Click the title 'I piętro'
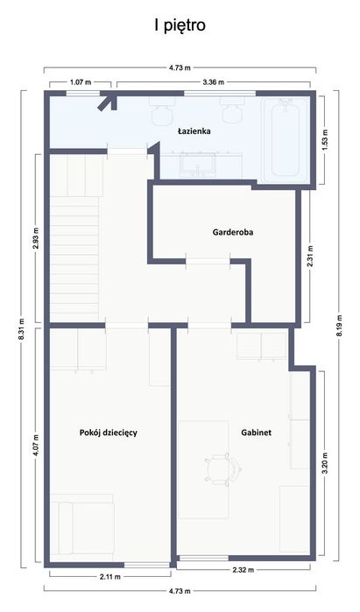180,26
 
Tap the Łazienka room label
194,131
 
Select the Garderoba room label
233,232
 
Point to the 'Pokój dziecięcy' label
108,433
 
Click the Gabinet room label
256,433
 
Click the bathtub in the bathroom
286,140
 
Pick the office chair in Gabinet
222,469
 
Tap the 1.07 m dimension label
81,82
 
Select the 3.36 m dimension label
214,82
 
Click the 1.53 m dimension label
325,140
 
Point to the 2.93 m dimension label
37,238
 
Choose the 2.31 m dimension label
310,256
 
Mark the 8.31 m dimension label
22,328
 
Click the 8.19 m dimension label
339,325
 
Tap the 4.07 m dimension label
37,446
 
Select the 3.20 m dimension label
325,463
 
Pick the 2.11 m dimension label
110,577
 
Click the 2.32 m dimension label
244,570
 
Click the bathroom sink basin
198,165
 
